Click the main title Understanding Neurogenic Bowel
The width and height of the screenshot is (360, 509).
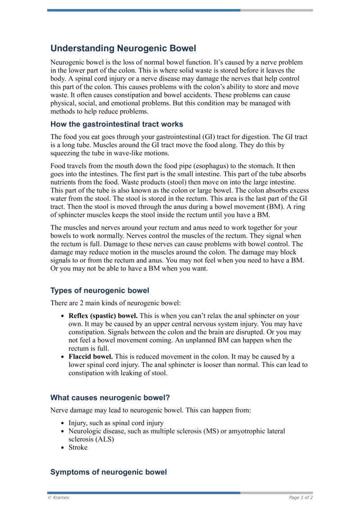(x=123, y=48)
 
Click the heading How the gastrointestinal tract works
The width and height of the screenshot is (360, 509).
(x=117, y=124)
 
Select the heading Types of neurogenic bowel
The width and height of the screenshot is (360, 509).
(x=99, y=290)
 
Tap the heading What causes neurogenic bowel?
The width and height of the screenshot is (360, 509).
(x=110, y=397)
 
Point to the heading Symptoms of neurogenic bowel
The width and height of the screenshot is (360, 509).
(x=108, y=472)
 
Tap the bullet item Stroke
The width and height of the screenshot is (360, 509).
(x=78, y=447)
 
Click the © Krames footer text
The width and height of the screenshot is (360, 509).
(x=58, y=497)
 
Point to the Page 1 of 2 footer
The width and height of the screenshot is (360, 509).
(x=301, y=497)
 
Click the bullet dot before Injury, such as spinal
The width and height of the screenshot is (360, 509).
(x=62, y=423)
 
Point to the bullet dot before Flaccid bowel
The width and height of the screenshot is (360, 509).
(x=62, y=357)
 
